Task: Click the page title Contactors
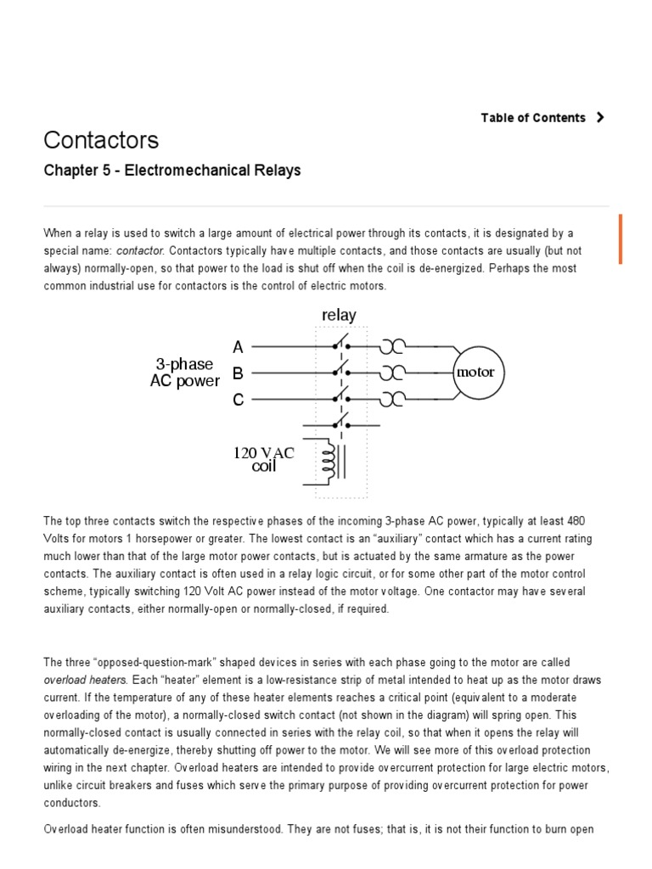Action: click(x=101, y=139)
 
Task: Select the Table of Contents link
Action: click(x=533, y=118)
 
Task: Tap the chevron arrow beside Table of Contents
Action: click(x=600, y=118)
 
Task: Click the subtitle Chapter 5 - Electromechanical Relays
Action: click(x=171, y=171)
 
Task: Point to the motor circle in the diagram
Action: click(x=475, y=373)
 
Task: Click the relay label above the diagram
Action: click(x=339, y=315)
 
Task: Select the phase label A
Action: click(x=238, y=347)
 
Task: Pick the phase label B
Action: click(x=238, y=373)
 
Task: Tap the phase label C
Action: click(x=238, y=399)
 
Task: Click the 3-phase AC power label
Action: click(x=184, y=373)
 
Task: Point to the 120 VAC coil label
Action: click(x=263, y=459)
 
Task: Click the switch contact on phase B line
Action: click(x=341, y=371)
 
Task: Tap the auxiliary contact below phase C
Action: click(x=341, y=423)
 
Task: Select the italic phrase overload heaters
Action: click(x=84, y=680)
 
